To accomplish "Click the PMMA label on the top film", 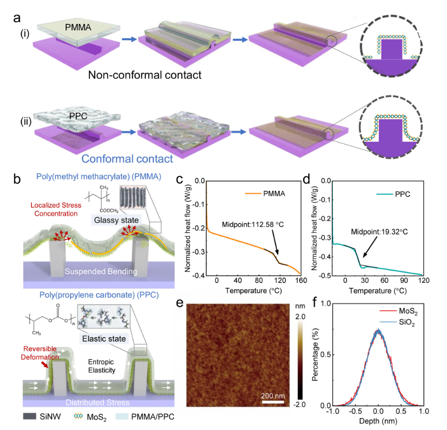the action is (78, 27).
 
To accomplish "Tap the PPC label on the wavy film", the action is (78, 116).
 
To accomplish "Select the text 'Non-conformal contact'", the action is (145, 75).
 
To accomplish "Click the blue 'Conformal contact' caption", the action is (127, 159).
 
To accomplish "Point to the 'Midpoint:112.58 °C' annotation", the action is (253, 224).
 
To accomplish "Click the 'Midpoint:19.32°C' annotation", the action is (379, 231).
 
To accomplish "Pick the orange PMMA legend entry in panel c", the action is (265, 194).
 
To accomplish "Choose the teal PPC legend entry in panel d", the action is (393, 194).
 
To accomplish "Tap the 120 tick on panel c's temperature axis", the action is (280, 281).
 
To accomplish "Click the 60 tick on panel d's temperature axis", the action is (385, 280).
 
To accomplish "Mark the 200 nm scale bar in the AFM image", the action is (273, 402).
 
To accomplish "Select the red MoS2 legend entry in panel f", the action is (399, 311).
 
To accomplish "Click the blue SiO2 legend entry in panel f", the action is (397, 322).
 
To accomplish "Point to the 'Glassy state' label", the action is (116, 220).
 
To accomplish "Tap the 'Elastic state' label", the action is (104, 339).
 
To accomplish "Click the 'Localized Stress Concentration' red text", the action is (56, 209).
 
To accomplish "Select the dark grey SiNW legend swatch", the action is (29, 416).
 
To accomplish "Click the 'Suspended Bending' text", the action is (101, 271).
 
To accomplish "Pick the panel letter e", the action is (180, 303).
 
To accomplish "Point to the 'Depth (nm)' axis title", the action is (378, 421).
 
